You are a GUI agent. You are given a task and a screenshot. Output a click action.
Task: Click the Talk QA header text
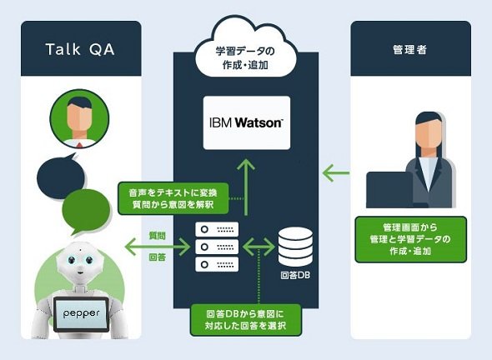pyautogui.click(x=80, y=49)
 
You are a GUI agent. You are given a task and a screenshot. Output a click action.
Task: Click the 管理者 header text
pyautogui.click(x=409, y=49)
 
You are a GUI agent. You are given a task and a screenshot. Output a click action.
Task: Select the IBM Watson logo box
pyautogui.click(x=247, y=122)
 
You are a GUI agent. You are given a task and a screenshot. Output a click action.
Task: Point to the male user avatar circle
pyautogui.click(x=79, y=118)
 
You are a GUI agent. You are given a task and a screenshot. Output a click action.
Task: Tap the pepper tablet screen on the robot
pyautogui.click(x=81, y=313)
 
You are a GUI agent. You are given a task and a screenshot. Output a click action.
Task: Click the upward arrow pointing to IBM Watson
pyautogui.click(x=246, y=187)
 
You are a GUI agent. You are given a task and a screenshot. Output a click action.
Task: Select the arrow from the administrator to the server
pyautogui.click(x=336, y=172)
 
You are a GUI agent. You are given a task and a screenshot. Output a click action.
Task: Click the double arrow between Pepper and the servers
pyautogui.click(x=158, y=247)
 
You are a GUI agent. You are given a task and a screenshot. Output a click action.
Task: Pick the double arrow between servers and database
pyautogui.click(x=259, y=247)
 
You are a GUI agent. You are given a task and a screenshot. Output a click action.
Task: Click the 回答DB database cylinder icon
pyautogui.click(x=295, y=247)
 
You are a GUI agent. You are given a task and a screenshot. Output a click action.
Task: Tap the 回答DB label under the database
pyautogui.click(x=295, y=275)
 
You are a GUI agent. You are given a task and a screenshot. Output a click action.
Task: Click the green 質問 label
pyautogui.click(x=157, y=236)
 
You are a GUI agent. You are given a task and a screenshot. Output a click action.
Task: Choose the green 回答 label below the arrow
pyautogui.click(x=157, y=257)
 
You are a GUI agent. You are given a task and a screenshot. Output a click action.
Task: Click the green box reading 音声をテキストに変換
pyautogui.click(x=173, y=198)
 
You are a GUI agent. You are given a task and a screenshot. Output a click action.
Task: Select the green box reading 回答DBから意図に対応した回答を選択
pyautogui.click(x=246, y=320)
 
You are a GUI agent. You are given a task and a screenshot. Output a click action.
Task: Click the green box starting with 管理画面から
pyautogui.click(x=411, y=239)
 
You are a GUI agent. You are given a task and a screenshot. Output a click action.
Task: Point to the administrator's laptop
pyautogui.click(x=389, y=190)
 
